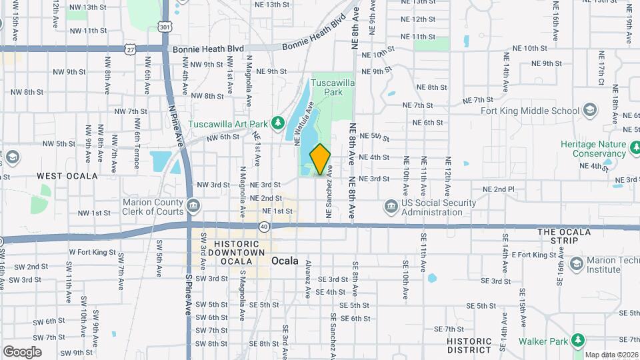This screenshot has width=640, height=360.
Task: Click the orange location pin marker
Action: [x=320, y=159]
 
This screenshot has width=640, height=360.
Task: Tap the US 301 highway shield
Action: [x=165, y=27]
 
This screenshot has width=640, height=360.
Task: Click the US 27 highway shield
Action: [x=131, y=49]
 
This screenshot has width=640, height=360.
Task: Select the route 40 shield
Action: [x=265, y=227]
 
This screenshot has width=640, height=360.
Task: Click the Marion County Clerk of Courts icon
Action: [x=193, y=204]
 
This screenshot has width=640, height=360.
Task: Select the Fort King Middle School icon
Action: [x=589, y=110]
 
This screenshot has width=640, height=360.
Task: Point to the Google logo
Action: [x=23, y=351]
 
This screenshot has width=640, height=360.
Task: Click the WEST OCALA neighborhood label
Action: [x=67, y=176]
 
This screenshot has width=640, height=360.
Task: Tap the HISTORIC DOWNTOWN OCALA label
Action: [x=239, y=253]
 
